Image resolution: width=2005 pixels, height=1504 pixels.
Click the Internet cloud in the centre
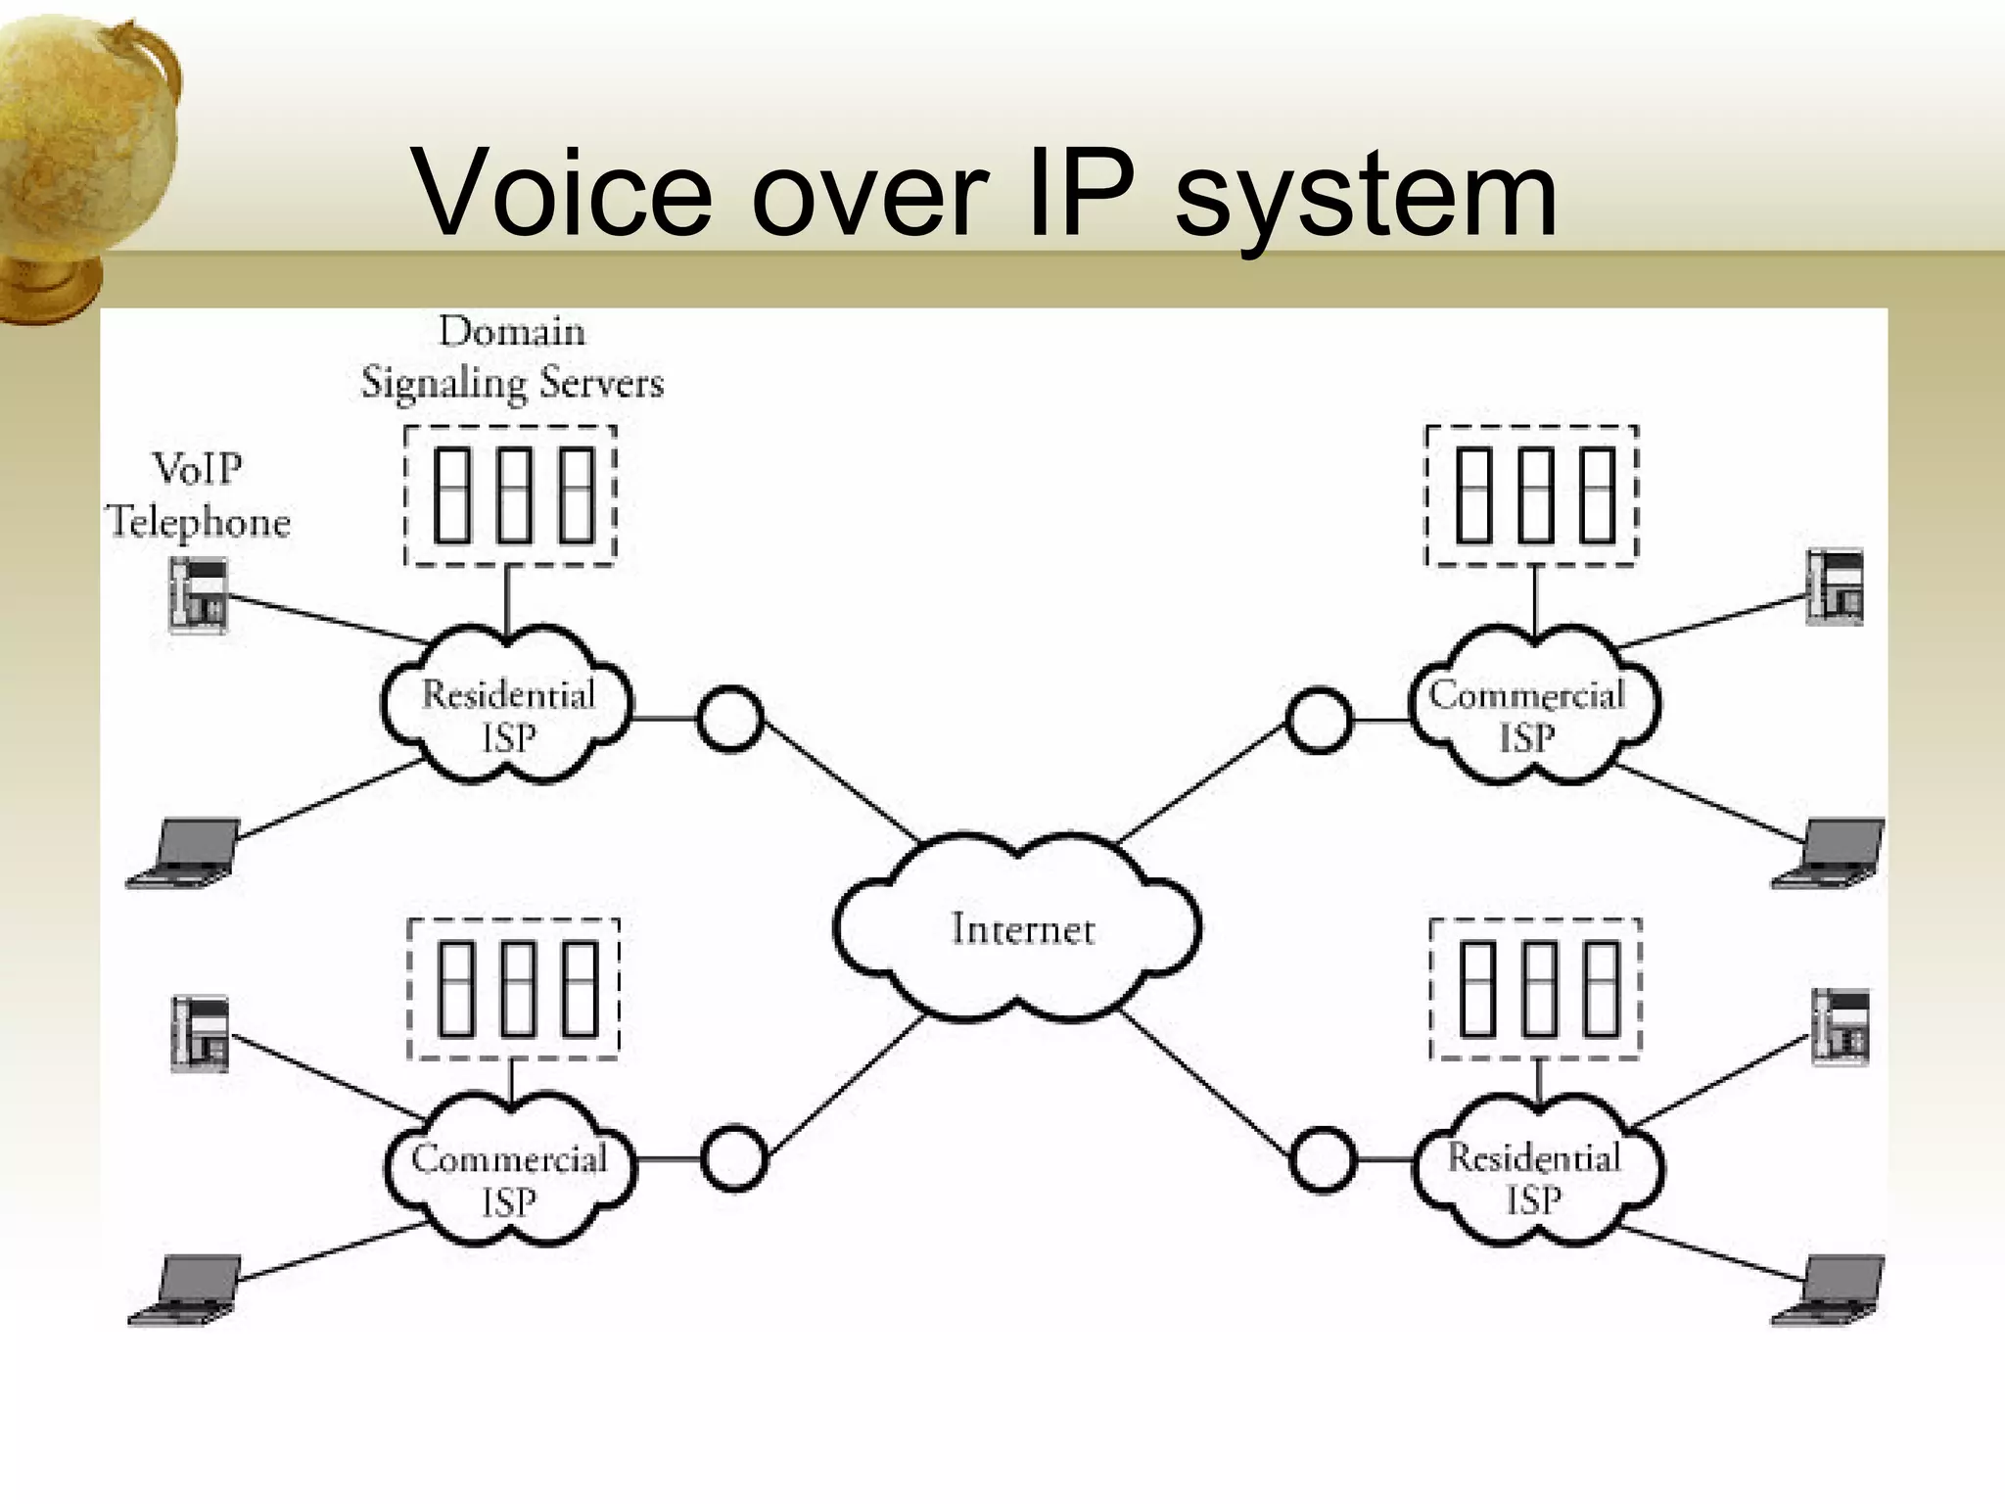click(x=1018, y=928)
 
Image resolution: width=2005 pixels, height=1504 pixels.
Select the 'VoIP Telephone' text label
click(x=199, y=495)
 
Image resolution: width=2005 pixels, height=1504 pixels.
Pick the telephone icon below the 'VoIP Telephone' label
click(x=199, y=594)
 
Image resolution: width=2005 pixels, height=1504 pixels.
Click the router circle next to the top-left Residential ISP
click(x=729, y=719)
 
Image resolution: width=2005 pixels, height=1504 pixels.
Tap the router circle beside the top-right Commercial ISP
click(x=1318, y=720)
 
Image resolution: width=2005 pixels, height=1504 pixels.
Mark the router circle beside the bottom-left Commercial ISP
click(x=733, y=1158)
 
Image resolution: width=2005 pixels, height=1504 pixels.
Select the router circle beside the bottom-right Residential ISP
click(x=1323, y=1159)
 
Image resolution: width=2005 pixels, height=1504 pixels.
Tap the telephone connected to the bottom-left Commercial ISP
click(x=201, y=1033)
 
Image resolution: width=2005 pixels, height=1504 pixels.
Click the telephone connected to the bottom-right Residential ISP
click(x=1840, y=1026)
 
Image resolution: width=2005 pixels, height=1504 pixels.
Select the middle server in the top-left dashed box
click(x=514, y=494)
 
